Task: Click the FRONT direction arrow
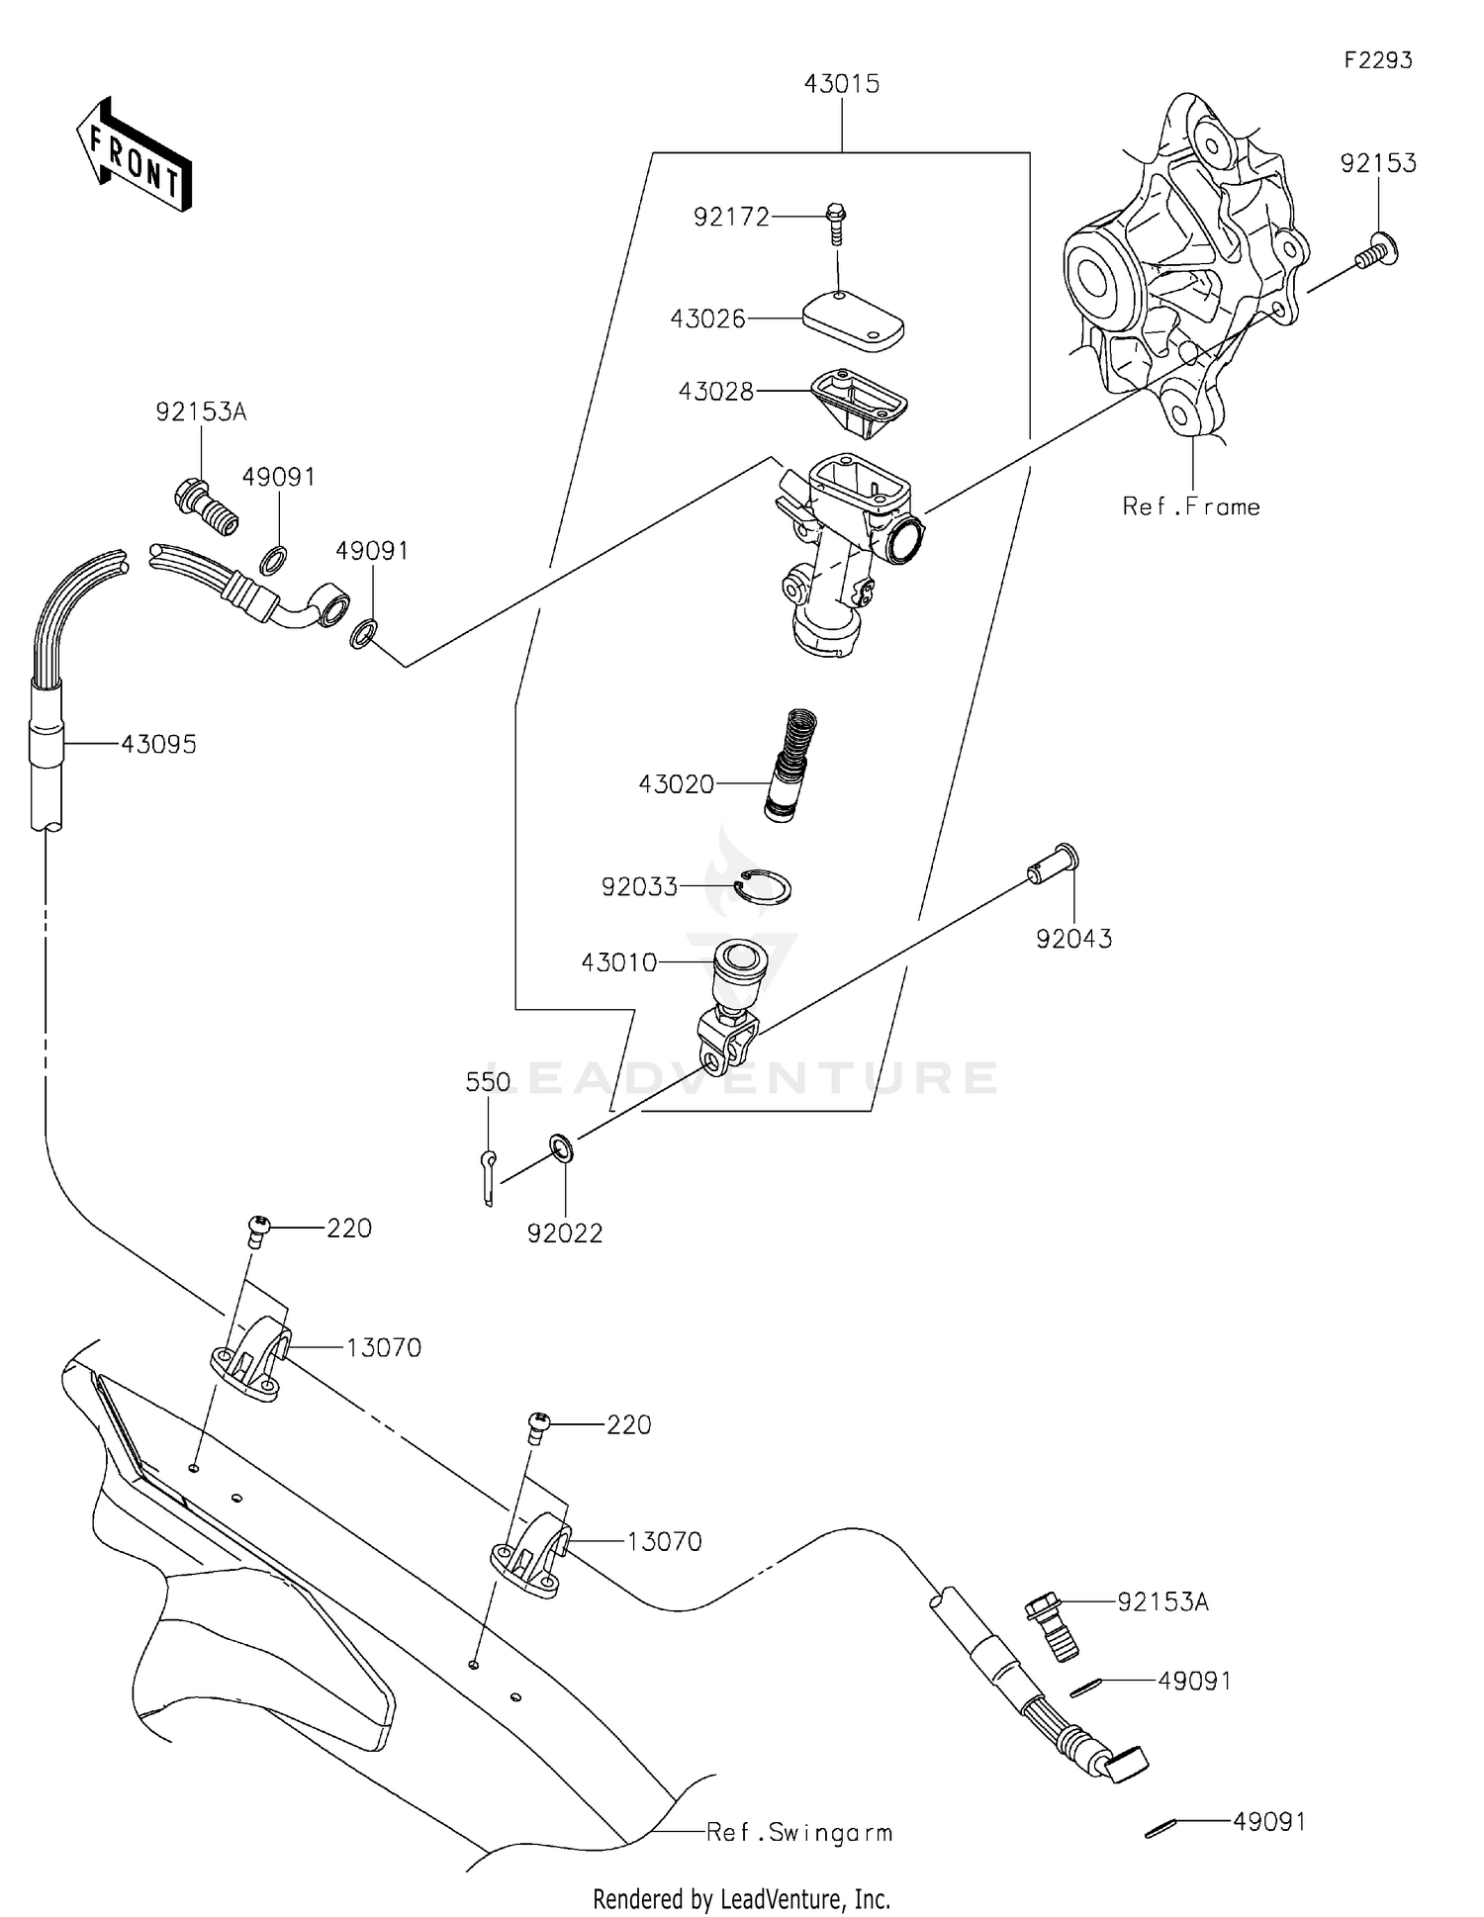pyautogui.click(x=134, y=155)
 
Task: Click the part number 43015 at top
pyautogui.click(x=841, y=84)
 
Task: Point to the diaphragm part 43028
pyautogui.click(x=859, y=401)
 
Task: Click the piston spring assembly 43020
pyautogui.click(x=792, y=764)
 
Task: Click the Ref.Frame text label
pyautogui.click(x=1191, y=506)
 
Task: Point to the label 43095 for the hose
pyautogui.click(x=158, y=744)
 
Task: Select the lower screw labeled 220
pyautogui.click(x=537, y=1426)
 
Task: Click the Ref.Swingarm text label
pyautogui.click(x=798, y=1832)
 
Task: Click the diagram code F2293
pyautogui.click(x=1378, y=60)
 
